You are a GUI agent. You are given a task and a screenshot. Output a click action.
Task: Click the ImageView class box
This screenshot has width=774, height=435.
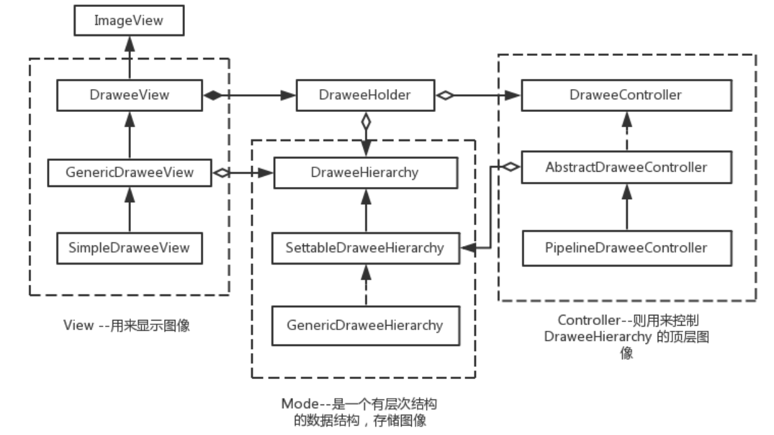(129, 20)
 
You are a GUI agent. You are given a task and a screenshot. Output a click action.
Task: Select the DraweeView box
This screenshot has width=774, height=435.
(129, 95)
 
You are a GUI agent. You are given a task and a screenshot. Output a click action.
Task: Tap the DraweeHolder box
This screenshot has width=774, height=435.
(364, 95)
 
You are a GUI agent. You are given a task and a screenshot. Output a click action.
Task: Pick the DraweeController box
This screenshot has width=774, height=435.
(627, 95)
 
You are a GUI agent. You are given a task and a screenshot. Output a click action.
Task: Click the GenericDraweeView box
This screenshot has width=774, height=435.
(129, 172)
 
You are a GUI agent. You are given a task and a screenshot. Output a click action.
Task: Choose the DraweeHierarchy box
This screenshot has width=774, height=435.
(365, 172)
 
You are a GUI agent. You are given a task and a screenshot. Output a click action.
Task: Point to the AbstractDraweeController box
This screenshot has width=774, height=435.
(627, 168)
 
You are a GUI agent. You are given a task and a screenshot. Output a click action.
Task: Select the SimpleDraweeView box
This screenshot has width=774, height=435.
(129, 248)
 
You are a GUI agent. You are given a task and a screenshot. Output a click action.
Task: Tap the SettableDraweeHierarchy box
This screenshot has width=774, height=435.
(365, 248)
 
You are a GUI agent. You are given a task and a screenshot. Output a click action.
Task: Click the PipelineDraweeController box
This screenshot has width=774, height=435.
(627, 247)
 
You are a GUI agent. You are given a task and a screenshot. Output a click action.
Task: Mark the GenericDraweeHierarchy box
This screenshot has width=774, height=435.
(365, 325)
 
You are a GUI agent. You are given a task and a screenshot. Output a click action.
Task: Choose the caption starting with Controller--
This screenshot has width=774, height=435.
(626, 336)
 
